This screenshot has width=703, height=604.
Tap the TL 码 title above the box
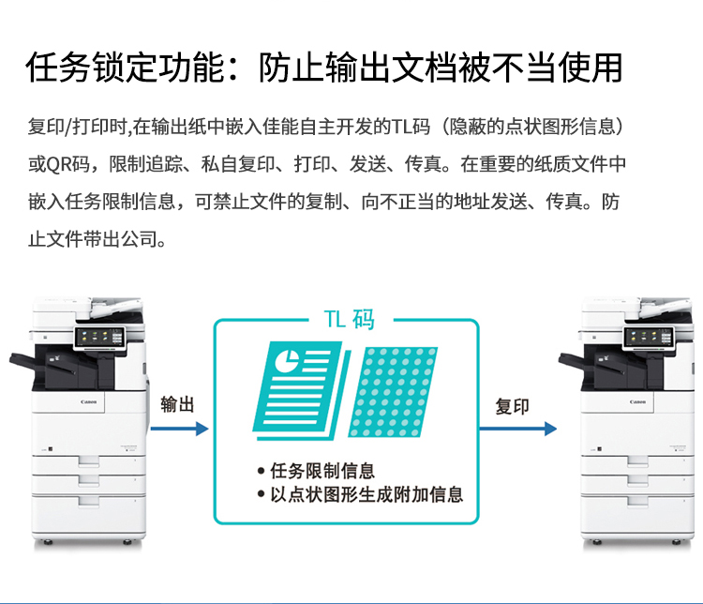350,320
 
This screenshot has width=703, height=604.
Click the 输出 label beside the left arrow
177,404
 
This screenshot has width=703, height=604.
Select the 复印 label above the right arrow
512,406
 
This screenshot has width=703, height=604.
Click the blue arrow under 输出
179,429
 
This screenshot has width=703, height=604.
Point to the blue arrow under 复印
517,429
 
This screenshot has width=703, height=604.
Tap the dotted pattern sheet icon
393,392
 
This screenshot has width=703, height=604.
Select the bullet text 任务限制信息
322,471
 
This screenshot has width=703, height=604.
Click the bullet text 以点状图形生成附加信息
366,494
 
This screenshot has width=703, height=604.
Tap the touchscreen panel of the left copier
99,337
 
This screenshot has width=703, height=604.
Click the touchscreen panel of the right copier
649,337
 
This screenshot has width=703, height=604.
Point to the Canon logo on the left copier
89,401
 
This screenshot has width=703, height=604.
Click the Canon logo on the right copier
637,401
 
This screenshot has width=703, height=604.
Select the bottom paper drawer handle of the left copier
89,501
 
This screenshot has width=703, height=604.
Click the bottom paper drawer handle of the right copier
637,501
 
